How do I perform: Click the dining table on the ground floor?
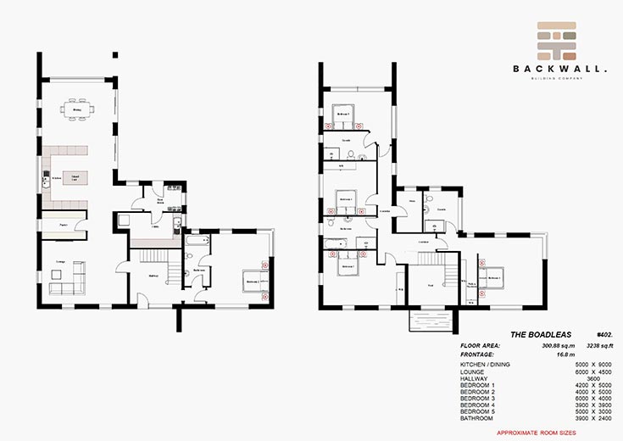point(77,108)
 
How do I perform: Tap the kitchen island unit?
point(75,179)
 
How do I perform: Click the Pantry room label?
point(63,225)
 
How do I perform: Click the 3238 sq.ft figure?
point(592,346)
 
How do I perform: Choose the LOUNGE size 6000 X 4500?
point(586,372)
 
